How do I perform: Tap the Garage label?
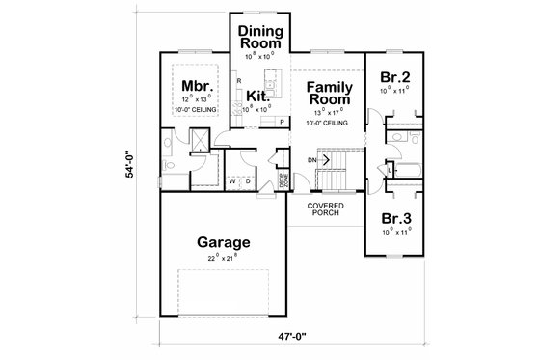click(225, 242)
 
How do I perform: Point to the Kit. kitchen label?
click(258, 96)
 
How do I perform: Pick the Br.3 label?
click(395, 219)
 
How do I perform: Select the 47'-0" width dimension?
click(317, 338)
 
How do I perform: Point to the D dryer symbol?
click(247, 180)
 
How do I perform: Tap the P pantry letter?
click(283, 123)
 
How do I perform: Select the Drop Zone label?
click(284, 180)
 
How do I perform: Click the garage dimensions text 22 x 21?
click(225, 259)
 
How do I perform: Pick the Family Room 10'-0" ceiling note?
click(329, 123)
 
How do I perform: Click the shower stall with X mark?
click(199, 142)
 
